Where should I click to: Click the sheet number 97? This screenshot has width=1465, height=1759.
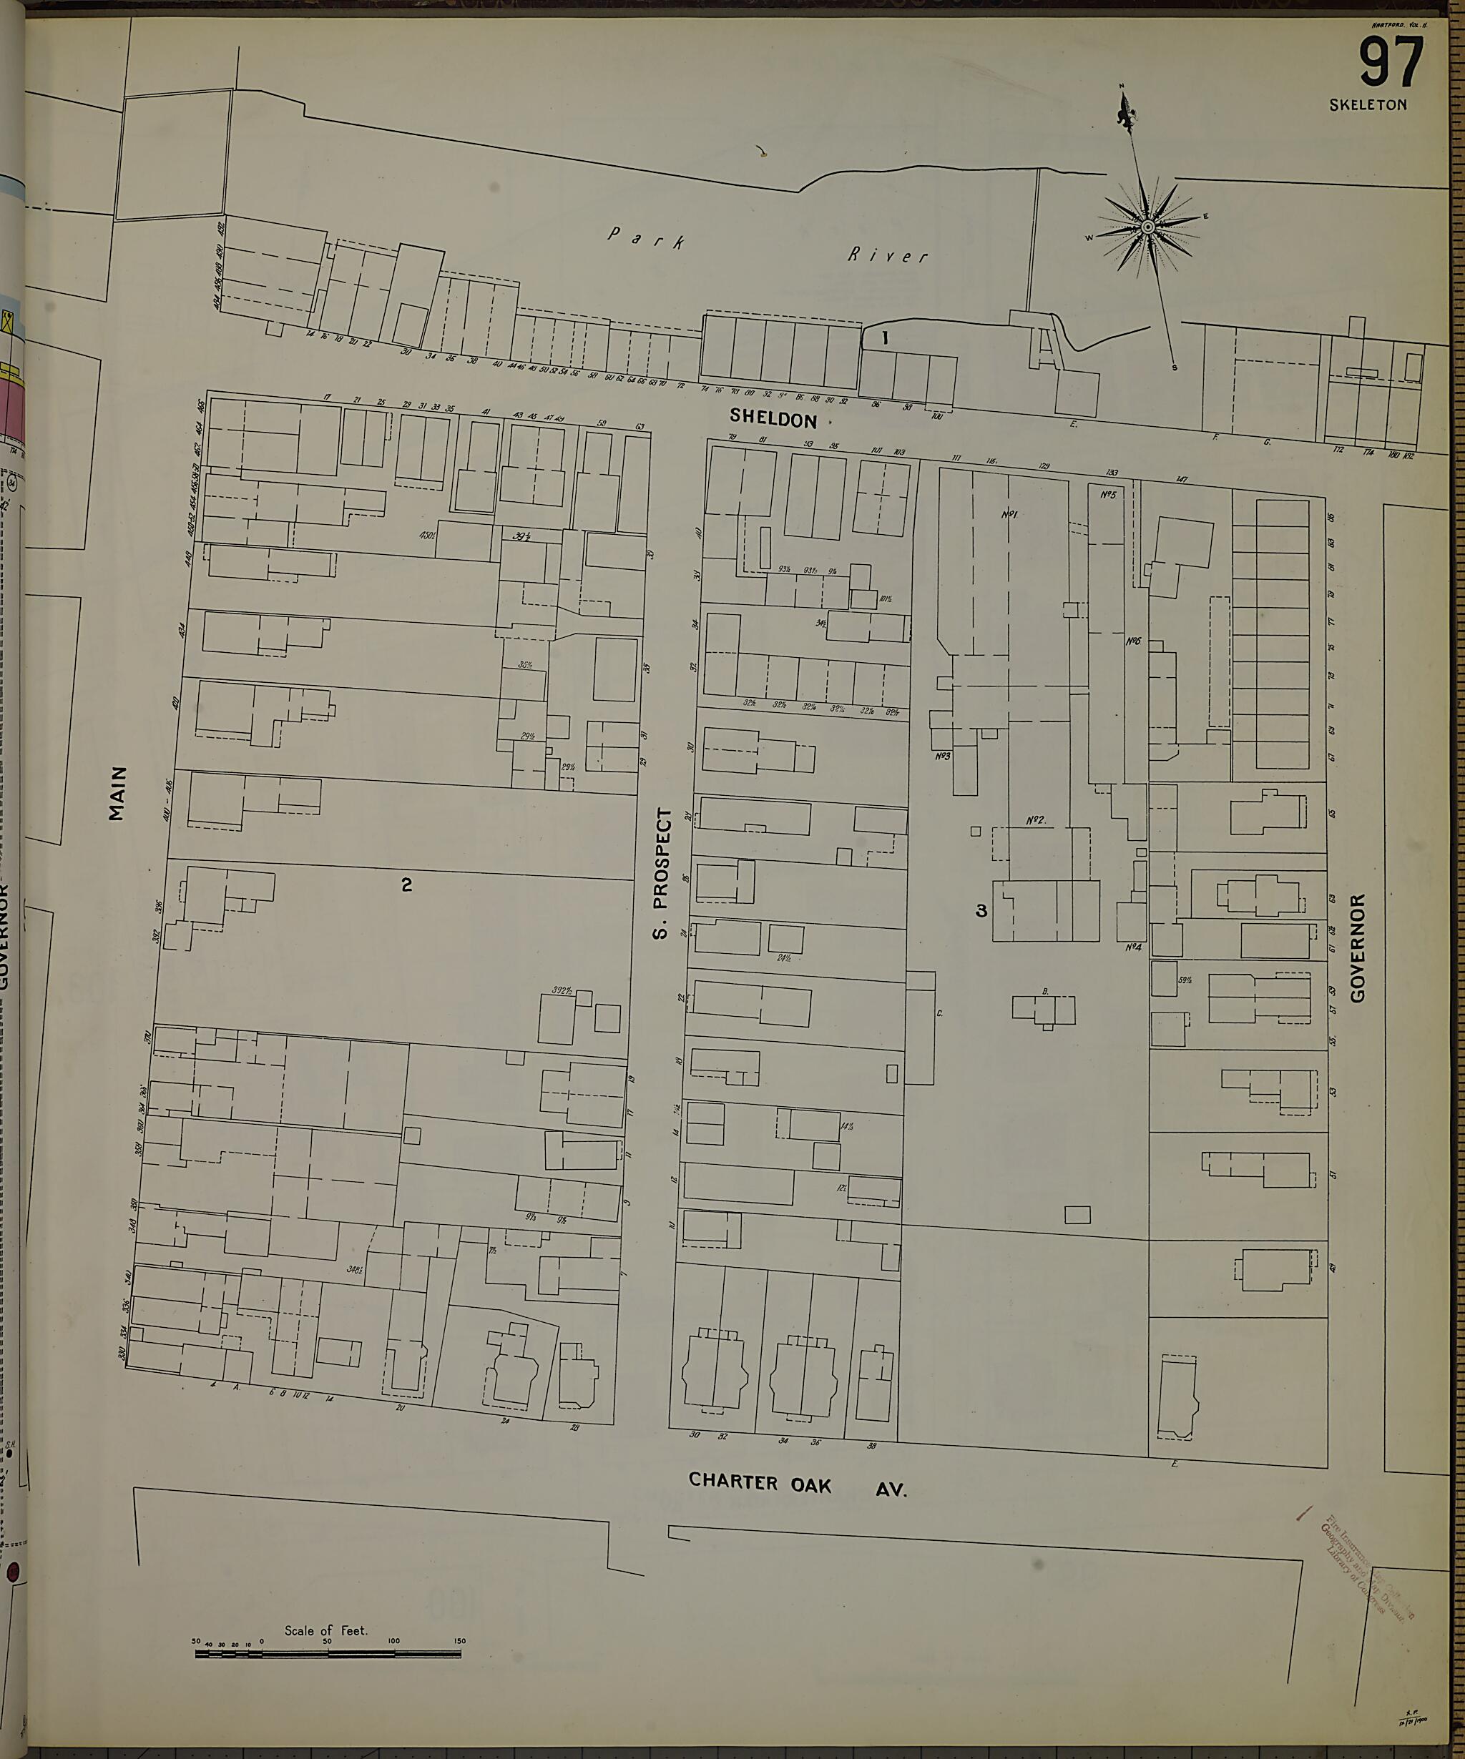click(1392, 64)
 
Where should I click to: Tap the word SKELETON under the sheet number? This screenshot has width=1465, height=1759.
click(1368, 104)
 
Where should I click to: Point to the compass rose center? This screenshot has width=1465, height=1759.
click(1148, 226)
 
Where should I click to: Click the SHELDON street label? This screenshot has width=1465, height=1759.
click(773, 419)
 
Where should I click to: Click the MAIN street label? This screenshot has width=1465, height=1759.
click(118, 792)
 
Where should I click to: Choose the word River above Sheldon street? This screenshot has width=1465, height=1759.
click(888, 255)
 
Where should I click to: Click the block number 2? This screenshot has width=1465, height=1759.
click(406, 885)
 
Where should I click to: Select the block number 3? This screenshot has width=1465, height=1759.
click(981, 910)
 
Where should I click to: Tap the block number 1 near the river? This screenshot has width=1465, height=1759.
click(884, 338)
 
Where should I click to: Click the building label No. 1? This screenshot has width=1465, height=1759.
click(1009, 514)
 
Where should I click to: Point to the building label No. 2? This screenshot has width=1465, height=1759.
click(1036, 820)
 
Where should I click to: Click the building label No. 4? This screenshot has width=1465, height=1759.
click(1133, 947)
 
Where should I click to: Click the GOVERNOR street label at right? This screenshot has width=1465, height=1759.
click(1358, 947)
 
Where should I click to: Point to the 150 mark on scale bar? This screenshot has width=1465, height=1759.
click(459, 1641)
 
